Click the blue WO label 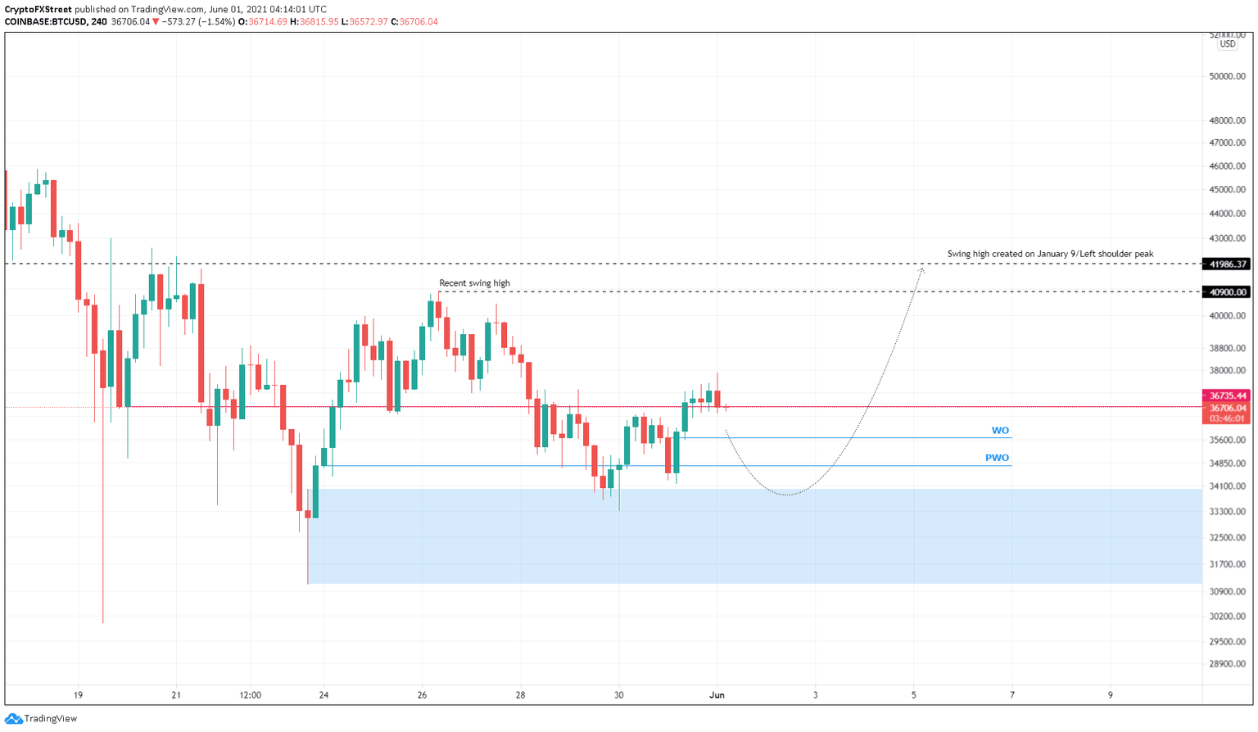click(1000, 431)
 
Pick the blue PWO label click(997, 459)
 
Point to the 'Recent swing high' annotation click(474, 283)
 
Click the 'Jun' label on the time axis click(717, 695)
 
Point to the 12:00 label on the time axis click(250, 695)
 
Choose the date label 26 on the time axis click(422, 695)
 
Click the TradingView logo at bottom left click(41, 719)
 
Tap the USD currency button click(1227, 44)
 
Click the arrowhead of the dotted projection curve click(921, 269)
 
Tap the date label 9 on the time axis click(1111, 695)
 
